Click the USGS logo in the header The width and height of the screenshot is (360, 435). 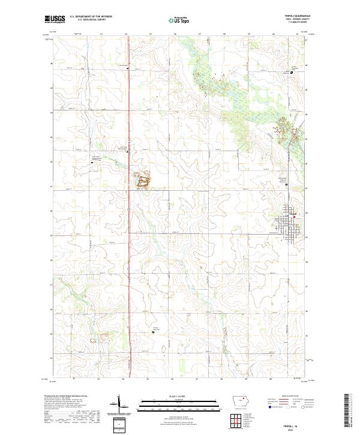coord(55,19)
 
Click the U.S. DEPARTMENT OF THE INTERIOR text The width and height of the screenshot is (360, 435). coord(91,17)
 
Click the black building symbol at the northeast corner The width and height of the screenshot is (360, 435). coord(292,73)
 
